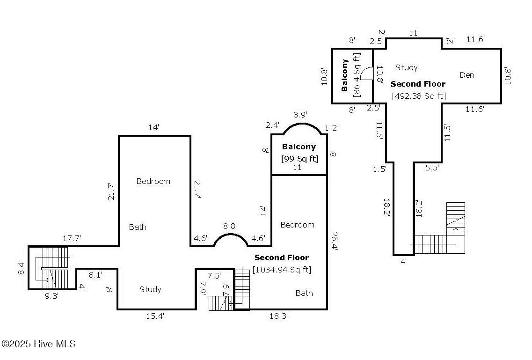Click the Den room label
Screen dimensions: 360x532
(x=466, y=75)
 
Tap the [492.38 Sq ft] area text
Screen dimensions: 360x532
(x=419, y=96)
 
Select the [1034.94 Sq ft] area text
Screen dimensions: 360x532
(x=282, y=270)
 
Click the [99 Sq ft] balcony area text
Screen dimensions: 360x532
(x=299, y=158)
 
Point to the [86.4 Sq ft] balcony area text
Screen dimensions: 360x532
(x=357, y=74)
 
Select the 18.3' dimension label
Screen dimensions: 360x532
(x=279, y=316)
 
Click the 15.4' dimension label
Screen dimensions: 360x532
(x=155, y=316)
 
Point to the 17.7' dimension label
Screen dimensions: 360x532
(x=72, y=238)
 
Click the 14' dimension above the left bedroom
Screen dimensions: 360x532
(x=154, y=127)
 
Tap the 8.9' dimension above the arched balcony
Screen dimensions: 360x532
(x=300, y=115)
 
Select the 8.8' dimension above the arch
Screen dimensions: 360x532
(x=230, y=226)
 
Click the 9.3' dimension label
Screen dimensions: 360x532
(x=51, y=296)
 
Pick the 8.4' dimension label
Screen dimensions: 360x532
(x=21, y=268)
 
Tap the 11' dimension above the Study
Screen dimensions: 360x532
(x=414, y=33)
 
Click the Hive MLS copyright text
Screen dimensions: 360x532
(x=38, y=344)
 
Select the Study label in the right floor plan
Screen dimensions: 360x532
(x=406, y=67)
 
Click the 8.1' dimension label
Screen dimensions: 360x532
(x=95, y=275)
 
